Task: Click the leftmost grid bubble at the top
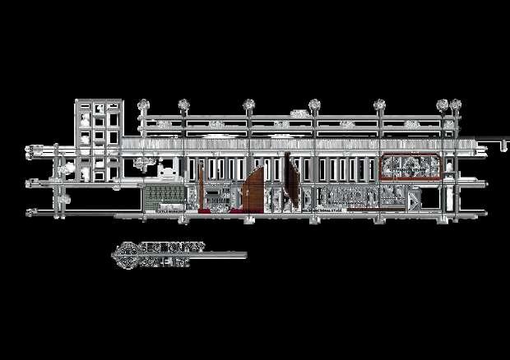click(144, 104)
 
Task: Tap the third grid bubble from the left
click(248, 104)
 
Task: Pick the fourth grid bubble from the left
click(313, 104)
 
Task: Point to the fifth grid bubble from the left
click(379, 104)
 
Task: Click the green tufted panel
click(165, 197)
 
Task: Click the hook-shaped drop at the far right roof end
click(500, 146)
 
